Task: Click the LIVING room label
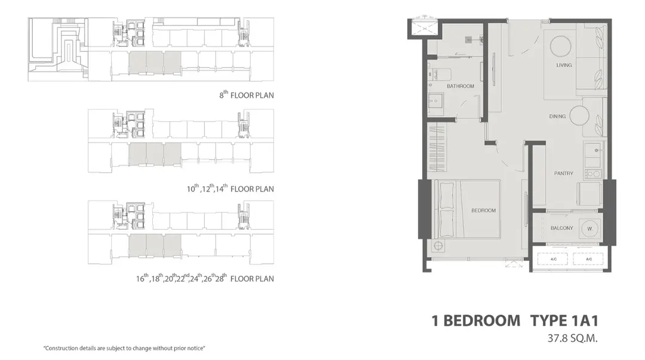tap(564, 65)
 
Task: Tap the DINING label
tap(557, 116)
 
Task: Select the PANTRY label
tap(564, 174)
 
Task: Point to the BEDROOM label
tap(483, 211)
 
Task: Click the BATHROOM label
tap(460, 87)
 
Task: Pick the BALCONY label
tap(561, 228)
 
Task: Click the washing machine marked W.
tap(589, 229)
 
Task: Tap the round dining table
tap(580, 116)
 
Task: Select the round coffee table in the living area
tap(561, 45)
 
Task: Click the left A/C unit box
tap(553, 259)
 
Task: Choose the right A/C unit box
tap(588, 259)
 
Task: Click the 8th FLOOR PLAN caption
tap(247, 95)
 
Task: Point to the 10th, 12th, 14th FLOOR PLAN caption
tap(231, 189)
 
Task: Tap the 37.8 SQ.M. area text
tap(572, 339)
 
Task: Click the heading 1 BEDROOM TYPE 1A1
tap(515, 321)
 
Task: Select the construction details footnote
tap(124, 349)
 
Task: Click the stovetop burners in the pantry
tap(593, 174)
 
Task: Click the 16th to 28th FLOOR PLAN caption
tap(205, 279)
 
